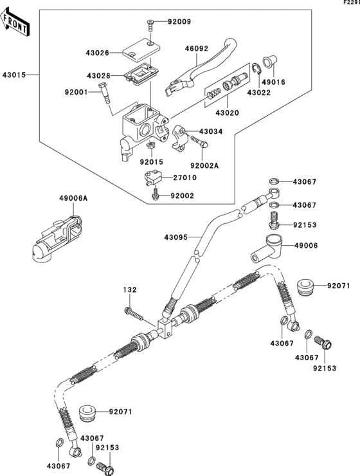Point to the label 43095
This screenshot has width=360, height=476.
click(175, 237)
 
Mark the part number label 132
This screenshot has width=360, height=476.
click(130, 291)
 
